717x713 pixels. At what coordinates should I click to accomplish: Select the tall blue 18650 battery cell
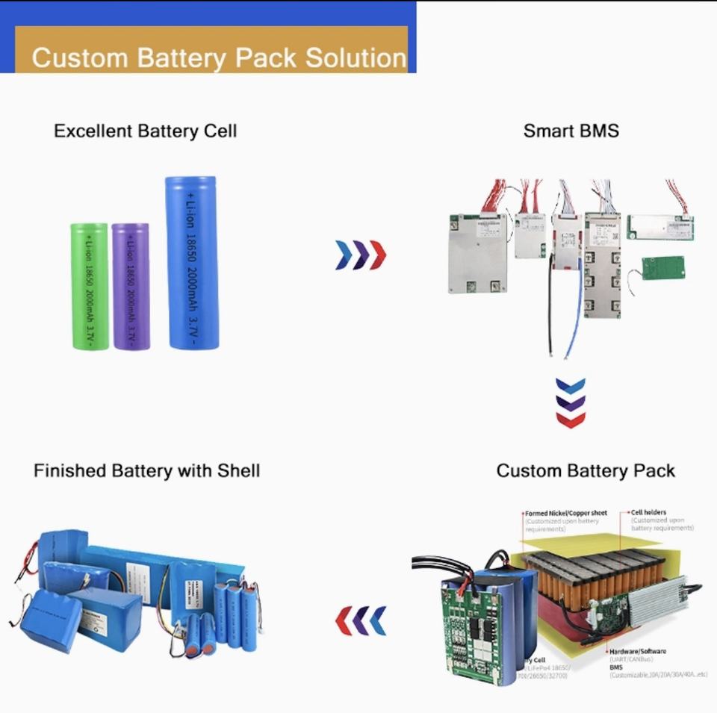pos(192,263)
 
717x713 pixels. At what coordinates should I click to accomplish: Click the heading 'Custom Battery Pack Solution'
pos(218,57)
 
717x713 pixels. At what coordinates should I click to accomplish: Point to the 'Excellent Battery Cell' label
pos(145,131)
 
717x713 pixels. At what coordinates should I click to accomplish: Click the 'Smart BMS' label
pos(571,131)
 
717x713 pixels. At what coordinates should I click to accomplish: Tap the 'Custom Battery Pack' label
pos(586,471)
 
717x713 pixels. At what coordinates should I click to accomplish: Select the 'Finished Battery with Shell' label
pos(146,471)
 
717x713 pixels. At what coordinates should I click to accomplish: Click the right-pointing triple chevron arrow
pos(361,255)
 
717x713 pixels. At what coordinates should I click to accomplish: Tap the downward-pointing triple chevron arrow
pos(571,403)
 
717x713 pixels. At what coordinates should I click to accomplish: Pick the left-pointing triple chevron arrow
pos(361,620)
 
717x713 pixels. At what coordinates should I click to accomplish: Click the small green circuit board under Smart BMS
pos(662,268)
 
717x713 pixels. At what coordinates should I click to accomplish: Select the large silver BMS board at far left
pos(477,253)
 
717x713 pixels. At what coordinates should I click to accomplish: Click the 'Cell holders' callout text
pos(649,513)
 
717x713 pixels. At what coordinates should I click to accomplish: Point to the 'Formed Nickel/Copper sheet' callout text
pos(565,514)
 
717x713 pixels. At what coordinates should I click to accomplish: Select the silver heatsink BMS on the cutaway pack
pos(657,601)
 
